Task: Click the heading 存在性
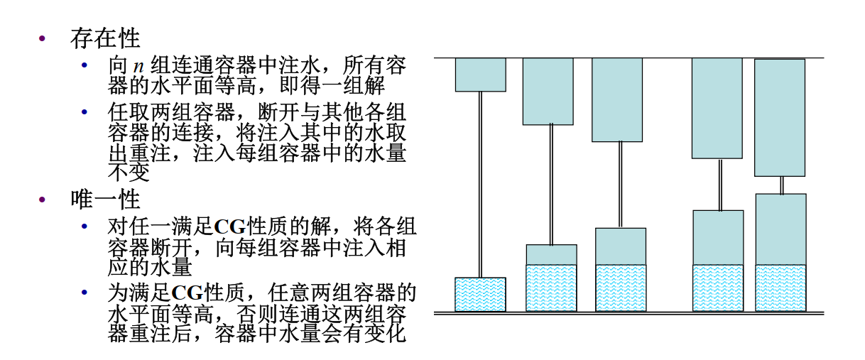(105, 38)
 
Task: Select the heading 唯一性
(105, 199)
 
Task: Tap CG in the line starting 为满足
(187, 293)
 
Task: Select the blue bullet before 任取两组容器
(85, 112)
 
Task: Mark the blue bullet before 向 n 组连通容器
(85, 67)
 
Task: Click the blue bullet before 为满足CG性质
(85, 293)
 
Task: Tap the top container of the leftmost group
(481, 75)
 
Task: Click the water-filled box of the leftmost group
(480, 294)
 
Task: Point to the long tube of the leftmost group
(480, 185)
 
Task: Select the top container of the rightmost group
(779, 117)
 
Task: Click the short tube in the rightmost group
(781, 185)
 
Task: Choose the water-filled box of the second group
(551, 288)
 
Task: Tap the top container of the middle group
(617, 99)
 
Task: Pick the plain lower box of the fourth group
(718, 237)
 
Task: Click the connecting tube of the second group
(552, 185)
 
